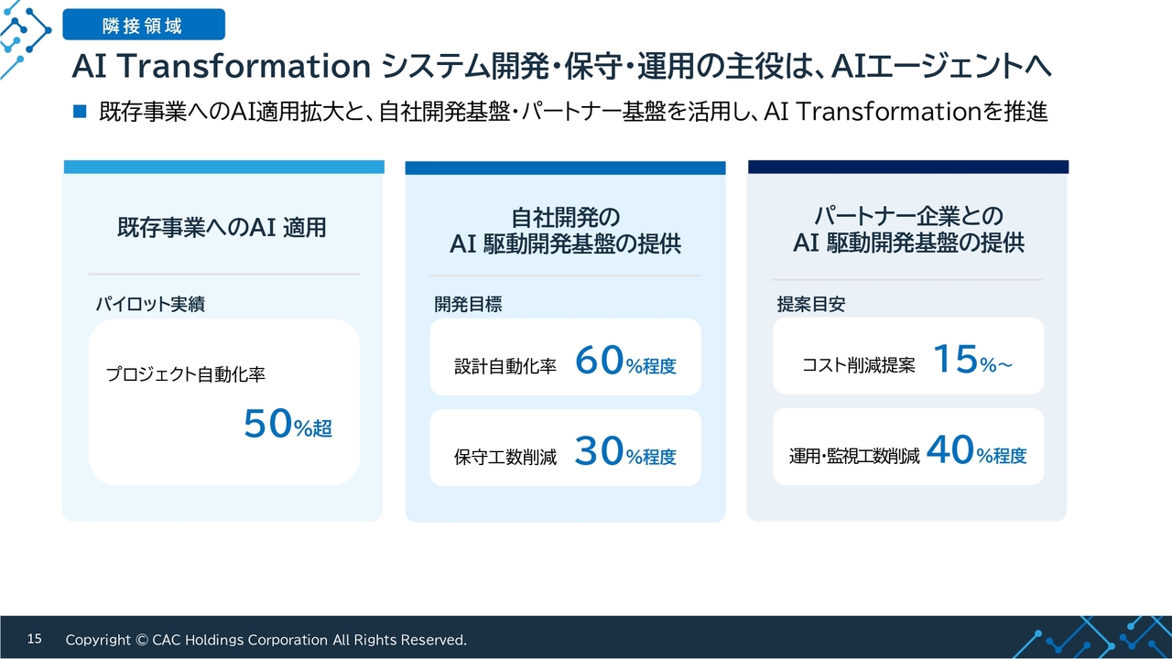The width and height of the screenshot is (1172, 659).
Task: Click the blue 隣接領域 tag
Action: pyautogui.click(x=144, y=24)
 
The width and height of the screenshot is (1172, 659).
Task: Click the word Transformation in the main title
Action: pyautogui.click(x=244, y=67)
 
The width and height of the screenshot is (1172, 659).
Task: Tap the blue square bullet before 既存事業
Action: pyautogui.click(x=80, y=111)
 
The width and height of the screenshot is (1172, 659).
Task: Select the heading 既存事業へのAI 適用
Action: pyautogui.click(x=222, y=228)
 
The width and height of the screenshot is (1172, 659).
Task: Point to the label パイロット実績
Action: pyautogui.click(x=150, y=304)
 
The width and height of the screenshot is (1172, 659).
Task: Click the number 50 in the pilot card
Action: pyautogui.click(x=267, y=423)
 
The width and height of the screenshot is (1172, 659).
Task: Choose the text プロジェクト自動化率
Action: pyautogui.click(x=186, y=374)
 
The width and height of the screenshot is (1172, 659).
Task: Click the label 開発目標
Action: pyautogui.click(x=468, y=304)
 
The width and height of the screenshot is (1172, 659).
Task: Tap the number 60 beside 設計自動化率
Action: pyautogui.click(x=599, y=361)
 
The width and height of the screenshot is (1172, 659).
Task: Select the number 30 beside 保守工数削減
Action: pyautogui.click(x=599, y=451)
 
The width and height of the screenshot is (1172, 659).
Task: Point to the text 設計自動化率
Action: pyautogui.click(x=505, y=366)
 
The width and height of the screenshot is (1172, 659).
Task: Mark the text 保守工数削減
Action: pyautogui.click(x=505, y=457)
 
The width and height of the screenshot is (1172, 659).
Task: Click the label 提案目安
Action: pyautogui.click(x=811, y=304)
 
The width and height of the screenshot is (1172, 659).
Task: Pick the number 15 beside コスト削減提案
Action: pyautogui.click(x=955, y=359)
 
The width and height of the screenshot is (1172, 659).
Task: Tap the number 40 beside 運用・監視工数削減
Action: pyautogui.click(x=950, y=449)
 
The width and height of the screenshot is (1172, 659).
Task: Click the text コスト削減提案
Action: pyautogui.click(x=859, y=365)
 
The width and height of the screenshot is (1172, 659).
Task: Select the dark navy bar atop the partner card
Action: pyautogui.click(x=908, y=167)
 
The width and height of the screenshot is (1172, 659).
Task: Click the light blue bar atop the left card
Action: pyautogui.click(x=224, y=167)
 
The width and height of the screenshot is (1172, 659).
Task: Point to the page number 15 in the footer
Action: pyautogui.click(x=35, y=639)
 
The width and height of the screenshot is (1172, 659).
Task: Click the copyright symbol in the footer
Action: pyautogui.click(x=141, y=640)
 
